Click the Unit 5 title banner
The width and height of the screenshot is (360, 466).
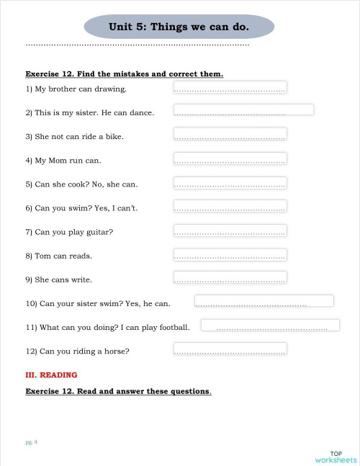pyautogui.click(x=179, y=27)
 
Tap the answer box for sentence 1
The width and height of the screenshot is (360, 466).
pyautogui.click(x=230, y=87)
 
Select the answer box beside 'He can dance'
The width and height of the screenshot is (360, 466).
pyautogui.click(x=243, y=110)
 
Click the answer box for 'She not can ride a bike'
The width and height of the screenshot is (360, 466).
pyautogui.click(x=230, y=134)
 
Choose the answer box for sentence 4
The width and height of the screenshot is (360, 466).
pyautogui.click(x=230, y=158)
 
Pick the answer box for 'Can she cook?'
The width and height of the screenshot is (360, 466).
pyautogui.click(x=230, y=182)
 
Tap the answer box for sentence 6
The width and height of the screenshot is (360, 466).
pyautogui.click(x=230, y=206)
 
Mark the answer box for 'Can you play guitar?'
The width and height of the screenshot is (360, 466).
pyautogui.click(x=230, y=230)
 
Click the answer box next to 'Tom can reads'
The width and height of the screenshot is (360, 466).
pyautogui.click(x=230, y=254)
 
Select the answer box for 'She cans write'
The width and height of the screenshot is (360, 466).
pyautogui.click(x=230, y=277)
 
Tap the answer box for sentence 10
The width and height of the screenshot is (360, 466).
pyautogui.click(x=264, y=301)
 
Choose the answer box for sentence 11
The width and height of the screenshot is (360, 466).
pyautogui.click(x=270, y=326)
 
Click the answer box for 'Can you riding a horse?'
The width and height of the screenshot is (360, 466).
pyautogui.click(x=230, y=349)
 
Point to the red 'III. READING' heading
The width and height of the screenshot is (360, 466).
pyautogui.click(x=51, y=375)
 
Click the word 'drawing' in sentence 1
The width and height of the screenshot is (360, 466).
pyautogui.click(x=111, y=89)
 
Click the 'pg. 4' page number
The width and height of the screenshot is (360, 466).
pyautogui.click(x=31, y=442)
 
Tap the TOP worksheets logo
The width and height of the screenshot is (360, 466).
pyautogui.click(x=336, y=456)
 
